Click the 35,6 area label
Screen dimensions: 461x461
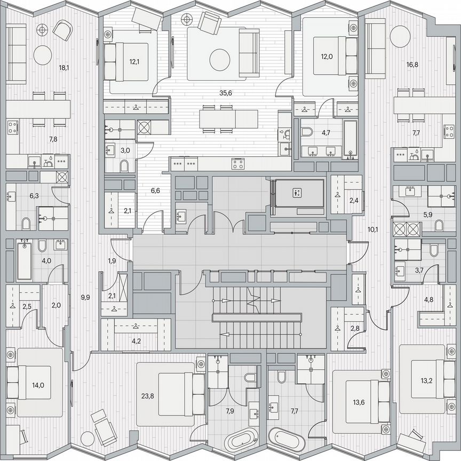click(x=225, y=92)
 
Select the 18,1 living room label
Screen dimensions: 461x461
click(x=63, y=68)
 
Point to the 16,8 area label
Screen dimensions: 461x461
click(x=411, y=65)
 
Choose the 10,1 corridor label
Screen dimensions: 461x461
click(x=373, y=230)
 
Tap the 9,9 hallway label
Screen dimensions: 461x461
click(x=85, y=297)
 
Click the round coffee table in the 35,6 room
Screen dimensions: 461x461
click(x=219, y=60)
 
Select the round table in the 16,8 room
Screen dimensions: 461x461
click(x=400, y=36)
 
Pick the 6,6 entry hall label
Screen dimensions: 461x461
click(x=155, y=190)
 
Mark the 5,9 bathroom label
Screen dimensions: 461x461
click(x=427, y=214)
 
